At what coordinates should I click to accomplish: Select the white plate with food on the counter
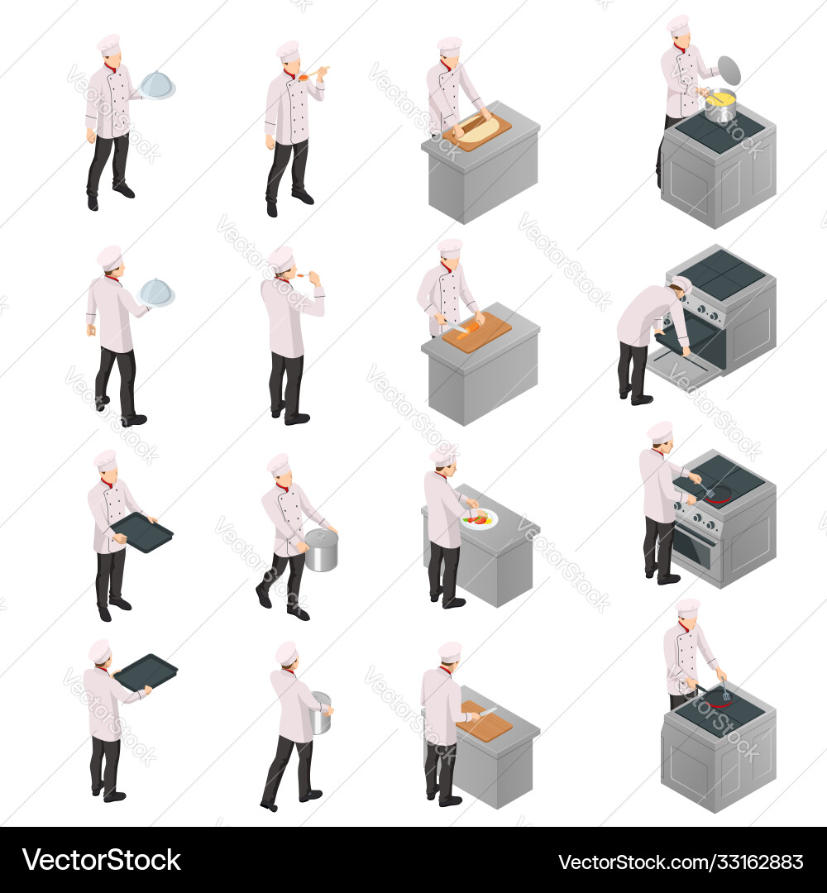480,518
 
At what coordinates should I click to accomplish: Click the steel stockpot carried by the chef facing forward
321,551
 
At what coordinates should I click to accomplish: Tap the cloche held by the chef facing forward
157,85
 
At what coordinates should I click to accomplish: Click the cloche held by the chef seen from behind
156,292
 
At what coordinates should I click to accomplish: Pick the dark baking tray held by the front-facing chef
141,532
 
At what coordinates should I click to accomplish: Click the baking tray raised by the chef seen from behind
146,671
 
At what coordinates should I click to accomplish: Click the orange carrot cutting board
477,332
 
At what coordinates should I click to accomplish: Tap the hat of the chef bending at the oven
682,284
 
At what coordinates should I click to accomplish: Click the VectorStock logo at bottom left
103,860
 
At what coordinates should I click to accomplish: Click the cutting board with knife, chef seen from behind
485,723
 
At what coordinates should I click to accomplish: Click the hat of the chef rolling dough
450,45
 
